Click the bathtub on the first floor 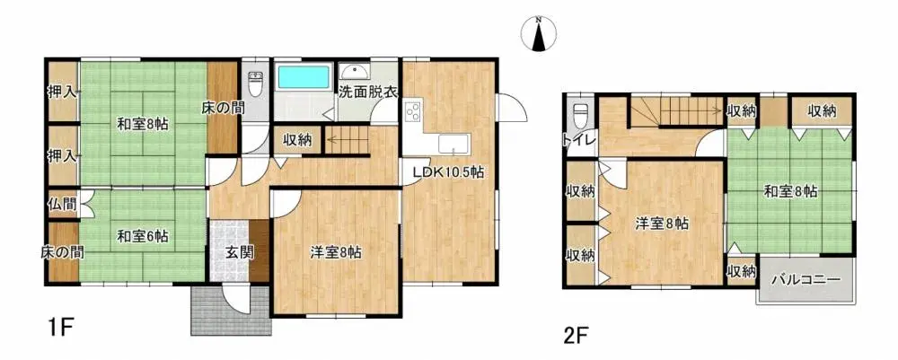click(x=303, y=76)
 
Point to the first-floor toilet click(x=256, y=85)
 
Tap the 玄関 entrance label click(x=239, y=252)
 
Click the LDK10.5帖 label click(x=448, y=172)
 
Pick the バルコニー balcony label click(x=806, y=280)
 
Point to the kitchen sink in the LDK click(x=450, y=145)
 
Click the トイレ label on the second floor click(x=575, y=141)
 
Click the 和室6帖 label click(x=143, y=237)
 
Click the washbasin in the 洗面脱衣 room click(x=353, y=73)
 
